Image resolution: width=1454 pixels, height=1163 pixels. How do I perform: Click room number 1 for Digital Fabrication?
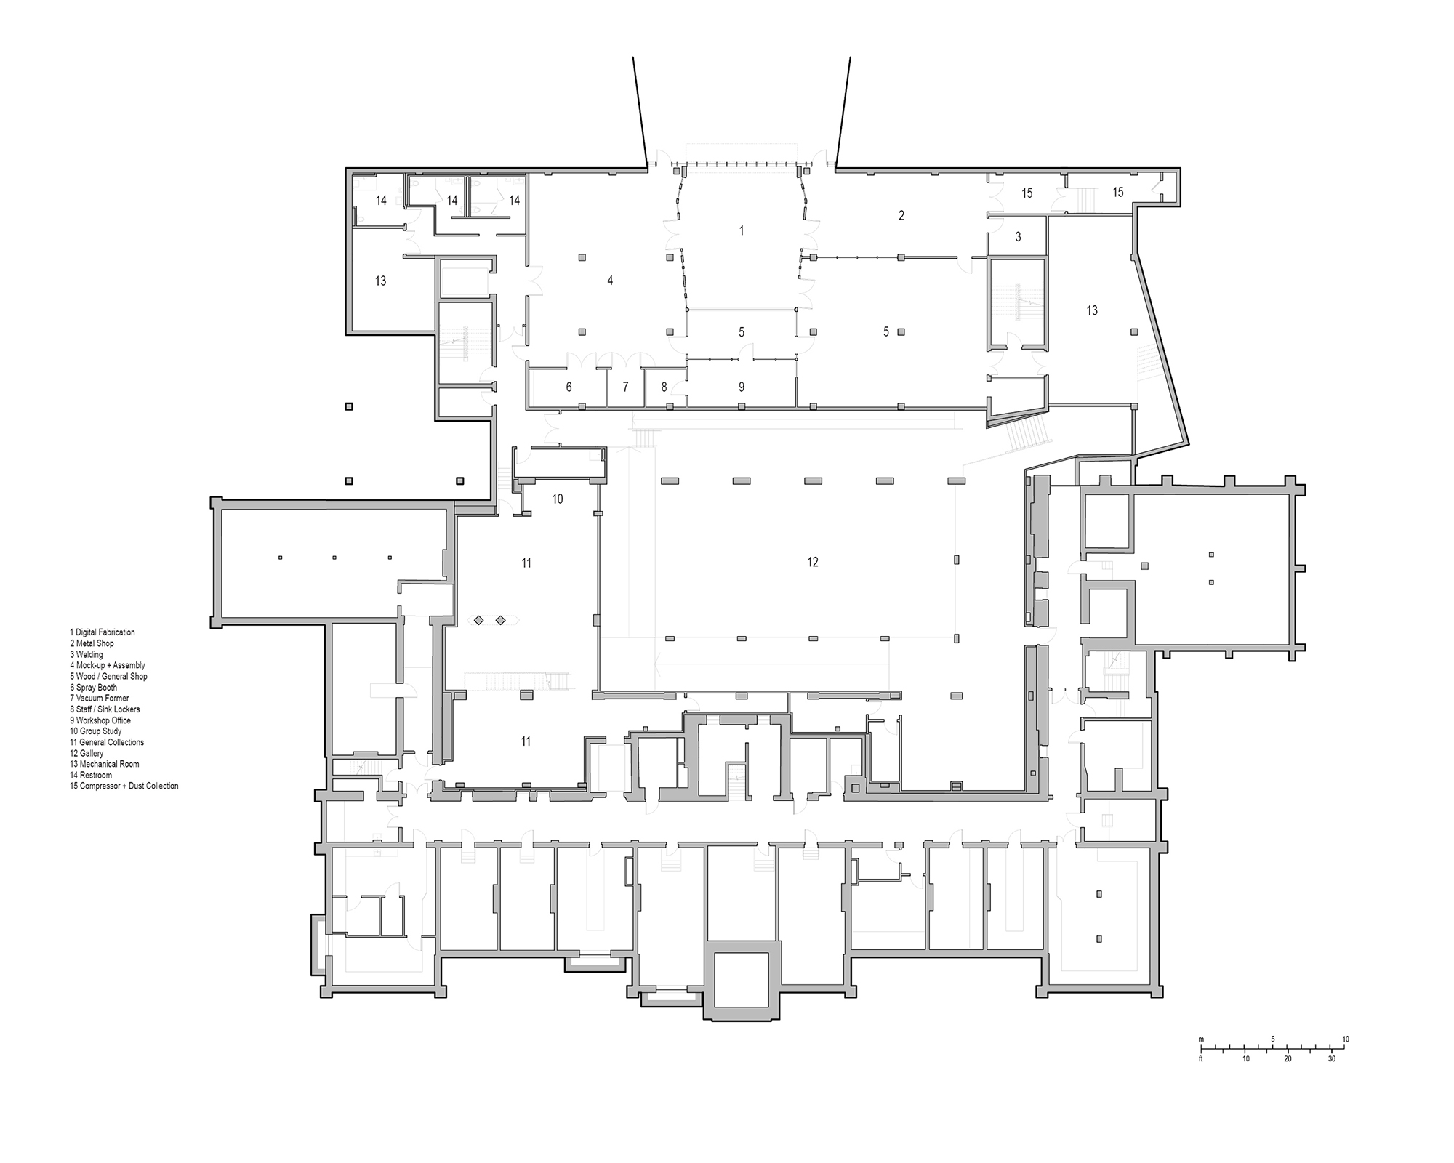tap(741, 230)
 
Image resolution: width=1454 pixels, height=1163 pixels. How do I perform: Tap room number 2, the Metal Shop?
tap(901, 215)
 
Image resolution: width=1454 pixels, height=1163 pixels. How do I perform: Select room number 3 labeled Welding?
tap(1018, 237)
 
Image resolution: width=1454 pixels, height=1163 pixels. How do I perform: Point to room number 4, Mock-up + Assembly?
tap(610, 281)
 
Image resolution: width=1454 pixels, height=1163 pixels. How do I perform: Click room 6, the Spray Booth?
tap(569, 387)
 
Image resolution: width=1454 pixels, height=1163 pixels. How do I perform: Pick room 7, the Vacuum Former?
tap(625, 387)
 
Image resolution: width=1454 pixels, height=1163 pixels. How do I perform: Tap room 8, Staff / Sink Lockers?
tap(664, 387)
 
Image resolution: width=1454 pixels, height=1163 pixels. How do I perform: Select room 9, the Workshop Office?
tap(741, 387)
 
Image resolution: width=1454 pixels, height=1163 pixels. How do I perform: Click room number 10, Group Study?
tap(558, 499)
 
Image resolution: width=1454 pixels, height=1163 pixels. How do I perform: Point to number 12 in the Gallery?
tap(812, 562)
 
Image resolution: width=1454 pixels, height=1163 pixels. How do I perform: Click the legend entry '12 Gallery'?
tap(87, 754)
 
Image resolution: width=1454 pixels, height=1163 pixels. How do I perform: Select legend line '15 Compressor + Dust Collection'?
tap(124, 786)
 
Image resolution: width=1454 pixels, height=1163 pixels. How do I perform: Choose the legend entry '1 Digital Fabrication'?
tap(103, 632)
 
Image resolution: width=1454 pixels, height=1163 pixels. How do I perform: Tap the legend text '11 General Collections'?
tap(107, 742)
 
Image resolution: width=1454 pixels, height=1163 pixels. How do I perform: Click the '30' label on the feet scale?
tap(1331, 1059)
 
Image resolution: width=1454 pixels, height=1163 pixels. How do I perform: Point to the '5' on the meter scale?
tap(1272, 1039)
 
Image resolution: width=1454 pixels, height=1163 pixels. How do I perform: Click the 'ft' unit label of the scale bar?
tap(1201, 1059)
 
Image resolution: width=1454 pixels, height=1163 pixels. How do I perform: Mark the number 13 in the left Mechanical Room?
tap(380, 281)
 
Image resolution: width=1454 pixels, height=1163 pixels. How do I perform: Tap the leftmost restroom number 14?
tap(381, 201)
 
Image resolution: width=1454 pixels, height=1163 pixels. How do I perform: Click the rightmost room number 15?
tap(1118, 193)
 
